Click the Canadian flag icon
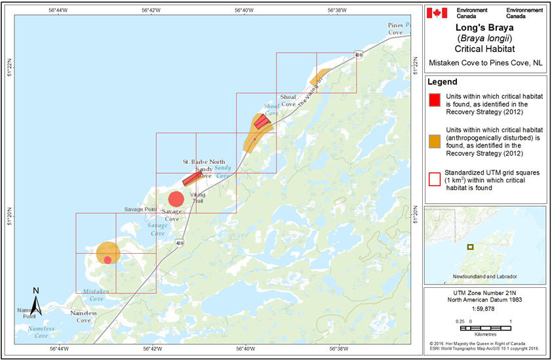[x=437, y=13]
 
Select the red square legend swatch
[x=434, y=100]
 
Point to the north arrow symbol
[x=37, y=301]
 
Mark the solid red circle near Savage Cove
[x=176, y=199]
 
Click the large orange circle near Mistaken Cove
[x=108, y=252]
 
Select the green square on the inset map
[x=469, y=247]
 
